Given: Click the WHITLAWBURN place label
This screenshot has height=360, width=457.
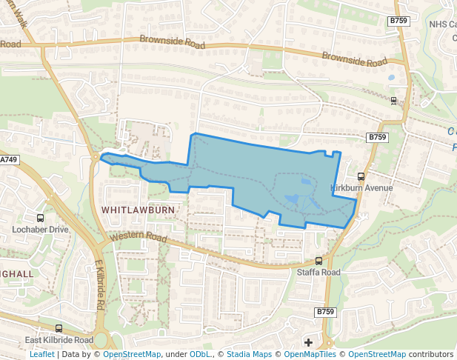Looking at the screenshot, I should coord(138,210).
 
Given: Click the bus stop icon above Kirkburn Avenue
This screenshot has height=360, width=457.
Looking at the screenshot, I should coord(361,177).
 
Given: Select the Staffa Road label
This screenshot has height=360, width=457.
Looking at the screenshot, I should coord(318,273).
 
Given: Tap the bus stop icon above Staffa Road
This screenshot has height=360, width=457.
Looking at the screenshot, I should coord(318,261).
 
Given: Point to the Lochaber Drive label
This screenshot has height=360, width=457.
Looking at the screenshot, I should coord(40,230).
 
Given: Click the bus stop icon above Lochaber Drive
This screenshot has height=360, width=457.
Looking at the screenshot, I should coord(40,219).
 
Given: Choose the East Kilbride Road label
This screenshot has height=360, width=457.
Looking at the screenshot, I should coord(59,340).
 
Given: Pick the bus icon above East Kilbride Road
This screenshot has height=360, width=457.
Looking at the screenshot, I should coord(59,328).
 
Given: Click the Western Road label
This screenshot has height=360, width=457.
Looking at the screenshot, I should coord(138,238).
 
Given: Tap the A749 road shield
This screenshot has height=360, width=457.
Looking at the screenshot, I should coord(9,159).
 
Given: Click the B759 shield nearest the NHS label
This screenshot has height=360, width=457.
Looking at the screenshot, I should coord(398,22).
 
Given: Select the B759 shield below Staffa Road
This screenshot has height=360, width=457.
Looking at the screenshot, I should coord(325,312).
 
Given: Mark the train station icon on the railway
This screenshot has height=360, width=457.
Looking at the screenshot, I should coord(393,101).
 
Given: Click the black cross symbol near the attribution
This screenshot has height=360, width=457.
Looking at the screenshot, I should coord(308,342).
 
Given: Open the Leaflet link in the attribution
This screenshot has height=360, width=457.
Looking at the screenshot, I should coord(42,355).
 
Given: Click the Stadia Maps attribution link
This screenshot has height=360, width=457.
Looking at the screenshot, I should coord(249,355).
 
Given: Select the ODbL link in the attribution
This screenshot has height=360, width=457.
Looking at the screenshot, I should coord(201,355).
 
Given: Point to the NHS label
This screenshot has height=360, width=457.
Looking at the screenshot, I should coord(443,24).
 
